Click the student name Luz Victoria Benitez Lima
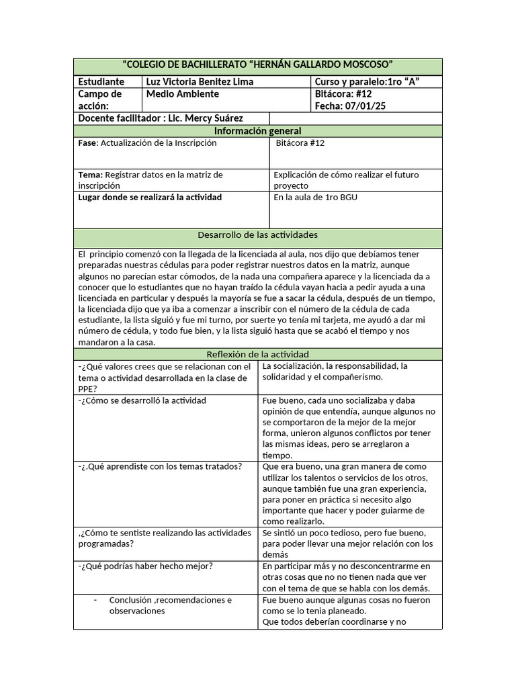click(x=200, y=82)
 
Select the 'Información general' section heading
click(x=257, y=131)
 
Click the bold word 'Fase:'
click(x=88, y=143)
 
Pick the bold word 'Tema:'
click(x=90, y=175)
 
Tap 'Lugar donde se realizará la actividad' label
click(x=150, y=198)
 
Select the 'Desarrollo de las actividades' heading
click(x=257, y=235)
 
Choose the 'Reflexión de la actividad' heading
click(x=257, y=354)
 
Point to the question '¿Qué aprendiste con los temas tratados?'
click(x=161, y=467)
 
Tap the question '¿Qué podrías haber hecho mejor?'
click(x=146, y=566)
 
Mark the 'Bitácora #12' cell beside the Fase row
click(x=300, y=143)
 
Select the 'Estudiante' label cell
click(x=101, y=82)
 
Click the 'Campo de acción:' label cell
click(x=100, y=100)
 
